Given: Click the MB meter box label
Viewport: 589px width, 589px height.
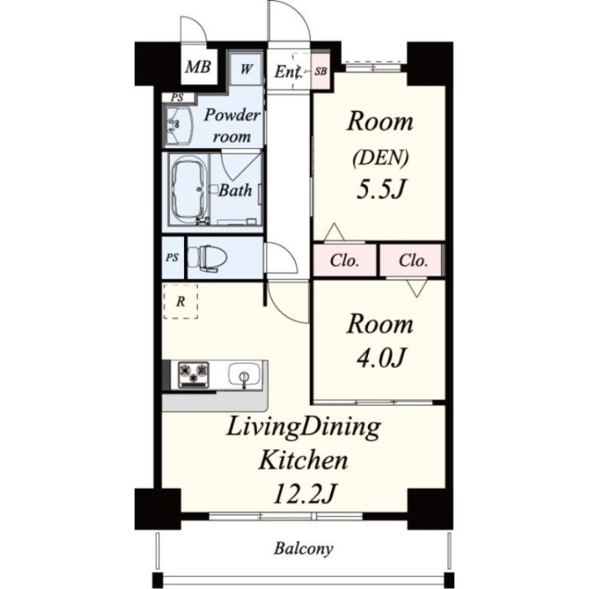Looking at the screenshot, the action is click(198, 67).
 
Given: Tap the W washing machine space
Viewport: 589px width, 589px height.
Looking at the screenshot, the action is click(246, 69).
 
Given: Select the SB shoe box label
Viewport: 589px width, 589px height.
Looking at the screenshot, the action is click(320, 71).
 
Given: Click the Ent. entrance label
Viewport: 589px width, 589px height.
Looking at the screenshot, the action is click(288, 71).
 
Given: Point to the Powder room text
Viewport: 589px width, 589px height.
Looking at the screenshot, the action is click(232, 125).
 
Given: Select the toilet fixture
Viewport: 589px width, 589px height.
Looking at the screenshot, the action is click(207, 258).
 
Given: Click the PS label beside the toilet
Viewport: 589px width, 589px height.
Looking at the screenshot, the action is click(172, 258).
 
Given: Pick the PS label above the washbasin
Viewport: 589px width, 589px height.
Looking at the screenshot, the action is click(177, 98).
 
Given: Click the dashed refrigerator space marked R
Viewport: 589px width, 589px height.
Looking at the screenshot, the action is click(180, 302).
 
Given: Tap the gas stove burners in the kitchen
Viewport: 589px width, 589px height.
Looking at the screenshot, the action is click(193, 375).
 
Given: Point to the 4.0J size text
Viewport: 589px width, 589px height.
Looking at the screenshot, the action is click(381, 357).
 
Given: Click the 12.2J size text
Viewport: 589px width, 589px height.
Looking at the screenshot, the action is click(304, 494).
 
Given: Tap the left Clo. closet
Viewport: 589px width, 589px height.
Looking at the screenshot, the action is click(345, 261).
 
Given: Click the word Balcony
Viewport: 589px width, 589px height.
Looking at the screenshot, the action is click(303, 549).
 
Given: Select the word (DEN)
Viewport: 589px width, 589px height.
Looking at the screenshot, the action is click(381, 158).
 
